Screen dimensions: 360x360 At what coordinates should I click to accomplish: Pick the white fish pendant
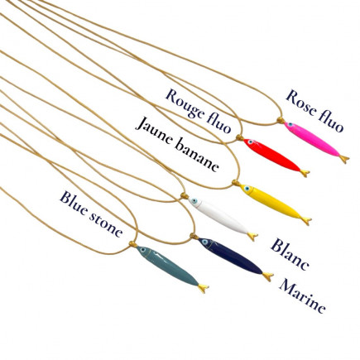(x=222, y=217)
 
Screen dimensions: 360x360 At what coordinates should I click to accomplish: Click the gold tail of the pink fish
(x=344, y=159)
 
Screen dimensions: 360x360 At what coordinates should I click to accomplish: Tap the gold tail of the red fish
(x=305, y=173)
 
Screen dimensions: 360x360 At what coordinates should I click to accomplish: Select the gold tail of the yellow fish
(x=306, y=221)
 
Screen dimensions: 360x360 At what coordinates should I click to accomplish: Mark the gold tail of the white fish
(x=252, y=237)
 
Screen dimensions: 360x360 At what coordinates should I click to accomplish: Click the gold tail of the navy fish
(x=268, y=276)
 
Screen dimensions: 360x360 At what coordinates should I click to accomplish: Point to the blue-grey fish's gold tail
(x=203, y=289)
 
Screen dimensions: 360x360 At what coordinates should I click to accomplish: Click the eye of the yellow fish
(x=247, y=189)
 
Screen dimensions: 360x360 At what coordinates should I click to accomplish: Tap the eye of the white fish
(x=194, y=201)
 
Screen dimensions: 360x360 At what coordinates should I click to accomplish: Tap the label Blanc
(x=290, y=254)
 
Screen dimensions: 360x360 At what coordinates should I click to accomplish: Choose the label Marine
(x=302, y=296)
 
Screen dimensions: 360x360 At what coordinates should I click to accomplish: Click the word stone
(x=106, y=223)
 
